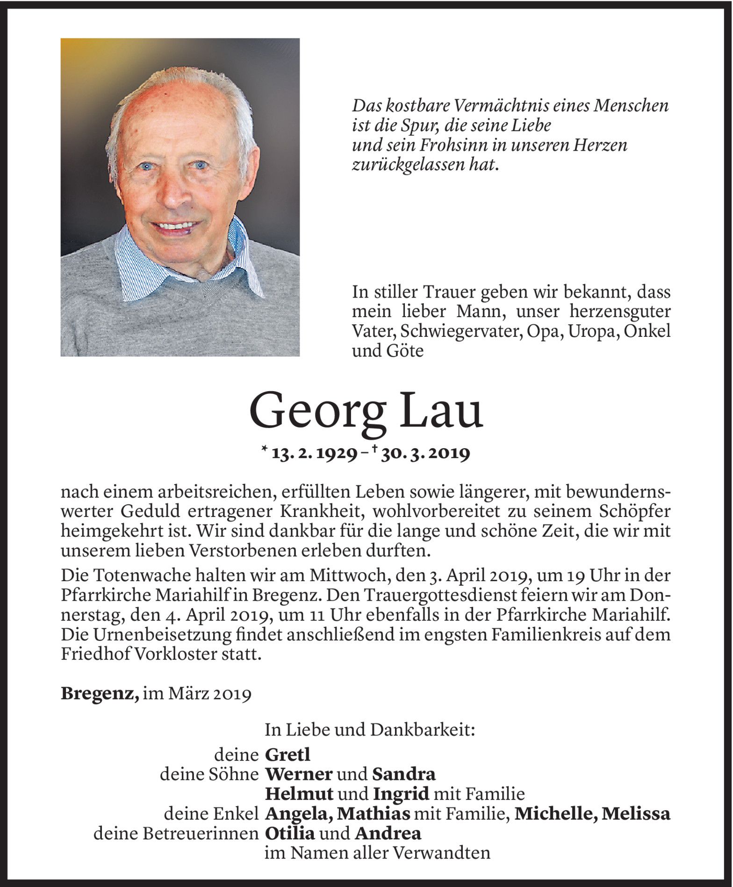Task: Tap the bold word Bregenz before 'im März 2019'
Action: (100, 694)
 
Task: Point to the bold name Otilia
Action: (290, 833)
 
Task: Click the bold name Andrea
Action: (388, 833)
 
